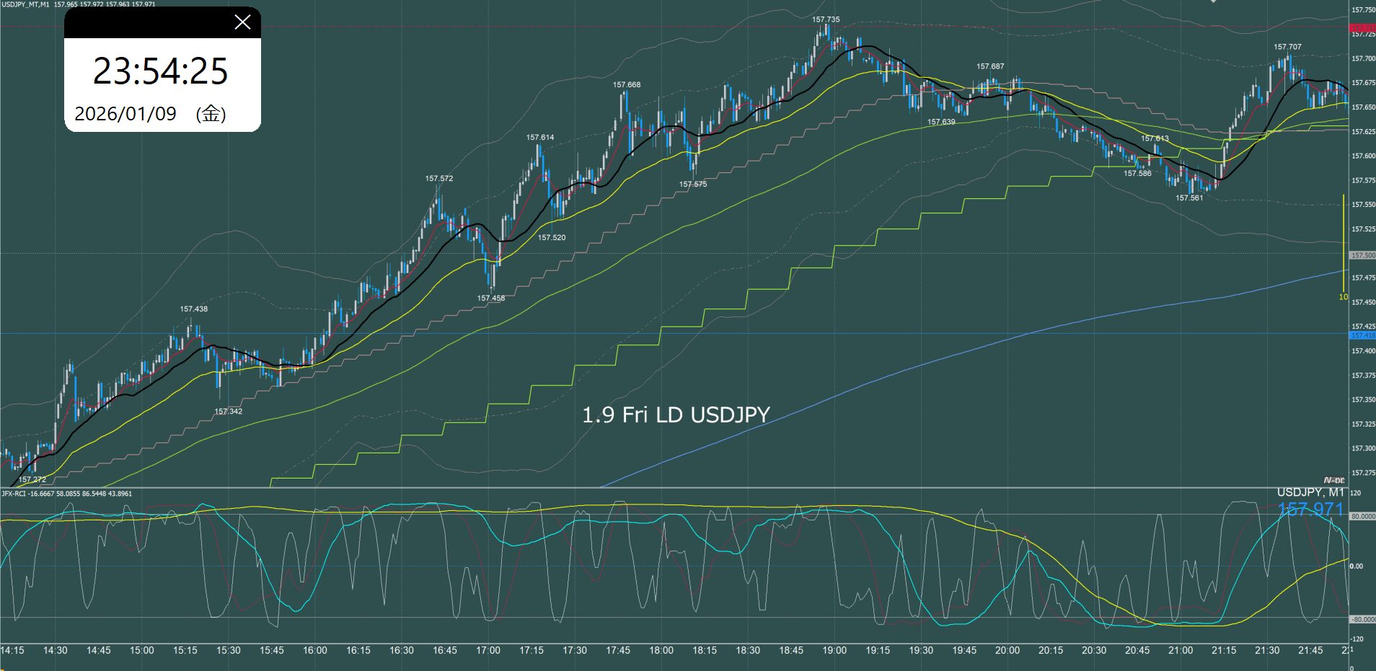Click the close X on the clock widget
click(242, 22)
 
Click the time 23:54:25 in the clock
click(161, 71)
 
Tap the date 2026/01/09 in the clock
click(125, 114)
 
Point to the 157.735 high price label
click(826, 20)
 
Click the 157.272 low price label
click(32, 479)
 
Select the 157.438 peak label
click(194, 309)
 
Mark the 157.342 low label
click(229, 412)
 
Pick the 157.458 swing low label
click(491, 298)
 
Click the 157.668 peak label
click(627, 85)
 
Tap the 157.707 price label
click(1287, 48)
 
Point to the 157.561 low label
click(1189, 198)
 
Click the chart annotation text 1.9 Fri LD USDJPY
click(676, 415)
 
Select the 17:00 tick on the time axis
click(488, 651)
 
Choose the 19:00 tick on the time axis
click(834, 651)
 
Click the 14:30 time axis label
click(56, 651)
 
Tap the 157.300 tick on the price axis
click(1363, 448)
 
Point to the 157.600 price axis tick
click(1363, 156)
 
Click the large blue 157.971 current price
click(1310, 510)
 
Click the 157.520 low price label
click(552, 238)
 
